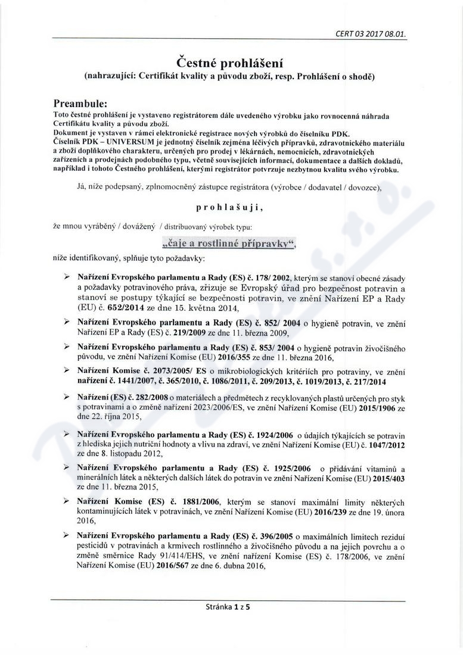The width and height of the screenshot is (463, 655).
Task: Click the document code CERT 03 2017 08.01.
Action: pyautogui.click(x=371, y=34)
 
